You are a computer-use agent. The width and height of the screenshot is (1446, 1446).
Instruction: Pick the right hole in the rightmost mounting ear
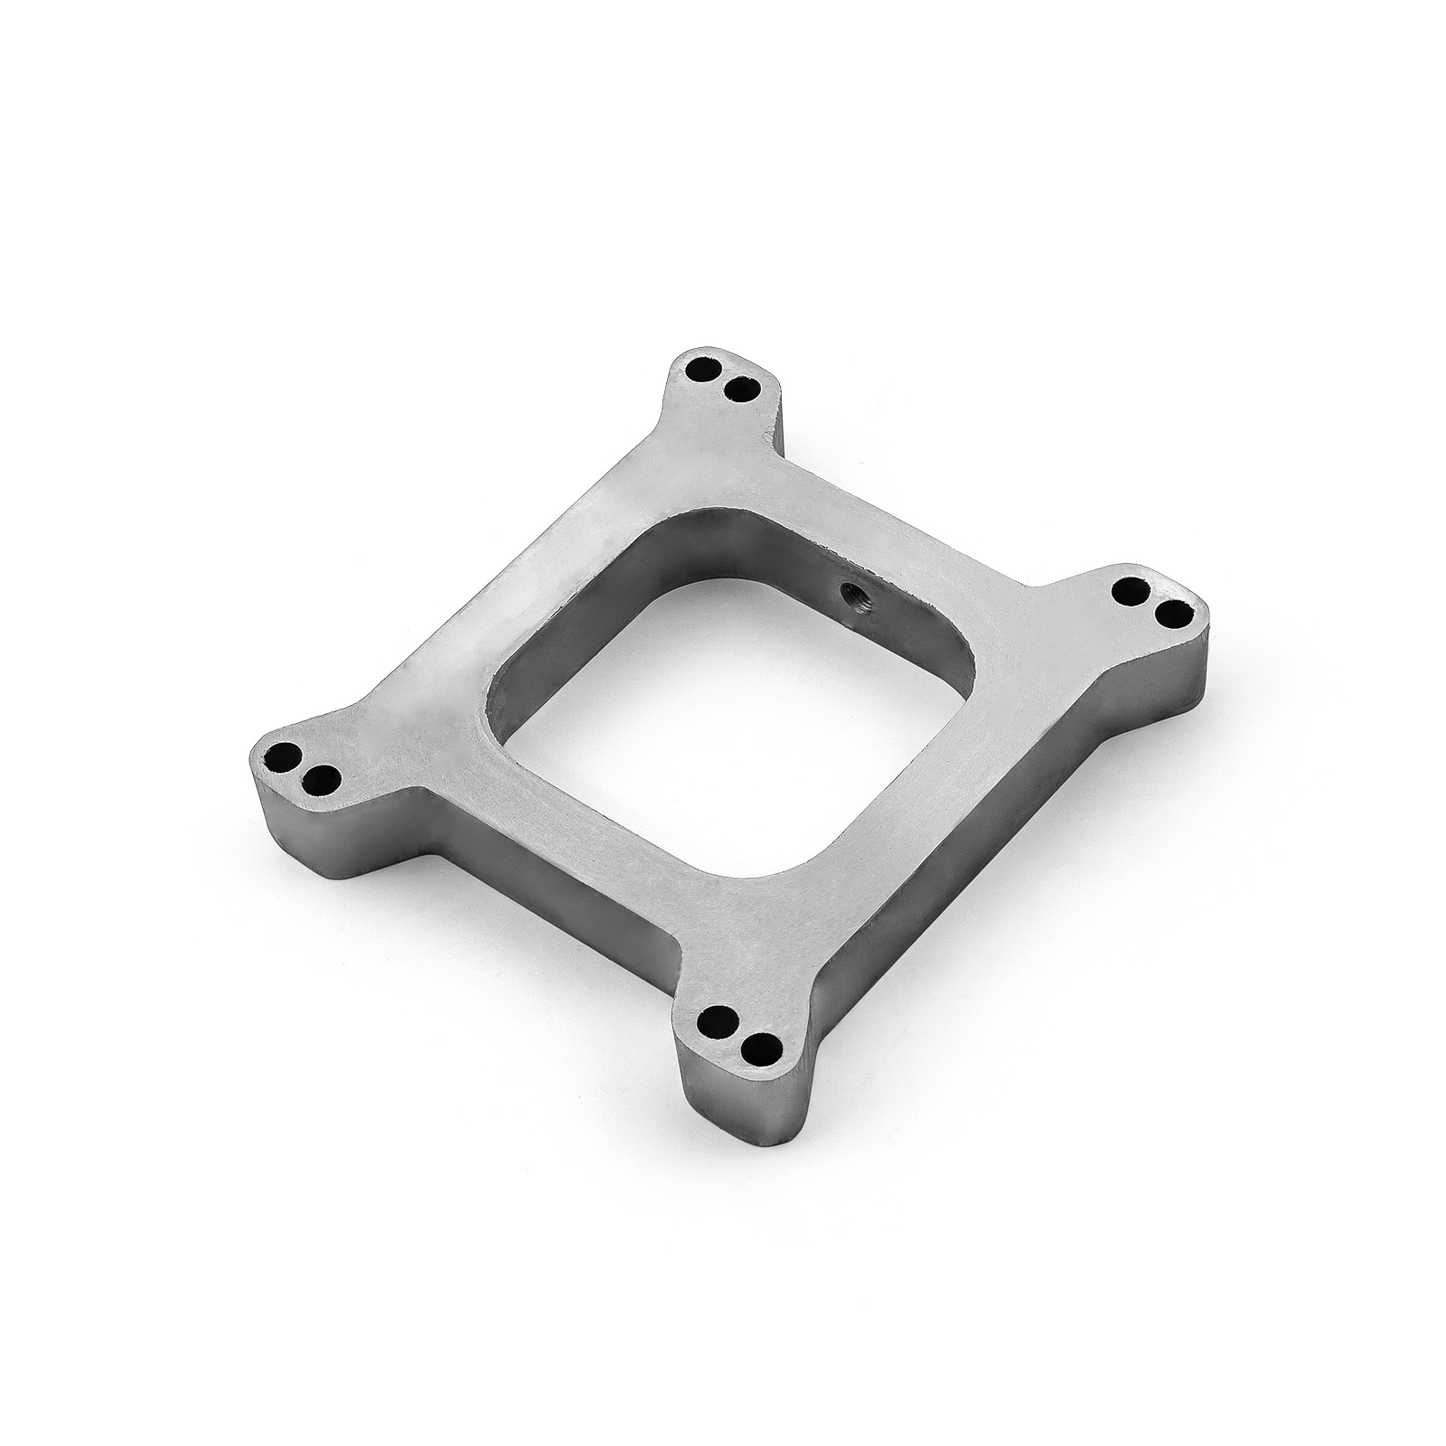tap(1172, 615)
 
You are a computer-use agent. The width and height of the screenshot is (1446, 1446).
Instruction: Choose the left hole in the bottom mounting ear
tap(720, 1017)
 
